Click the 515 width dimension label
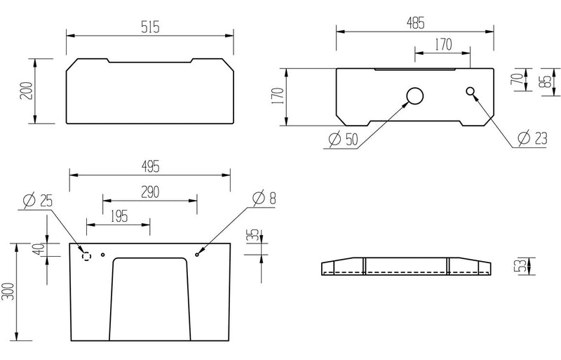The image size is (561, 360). [149, 26]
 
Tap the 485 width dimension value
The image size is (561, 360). [414, 22]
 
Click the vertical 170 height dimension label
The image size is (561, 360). [277, 97]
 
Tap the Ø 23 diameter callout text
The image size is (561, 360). [529, 139]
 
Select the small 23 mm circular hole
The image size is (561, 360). [471, 91]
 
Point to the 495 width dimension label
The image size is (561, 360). [149, 166]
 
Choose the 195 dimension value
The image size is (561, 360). [119, 216]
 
